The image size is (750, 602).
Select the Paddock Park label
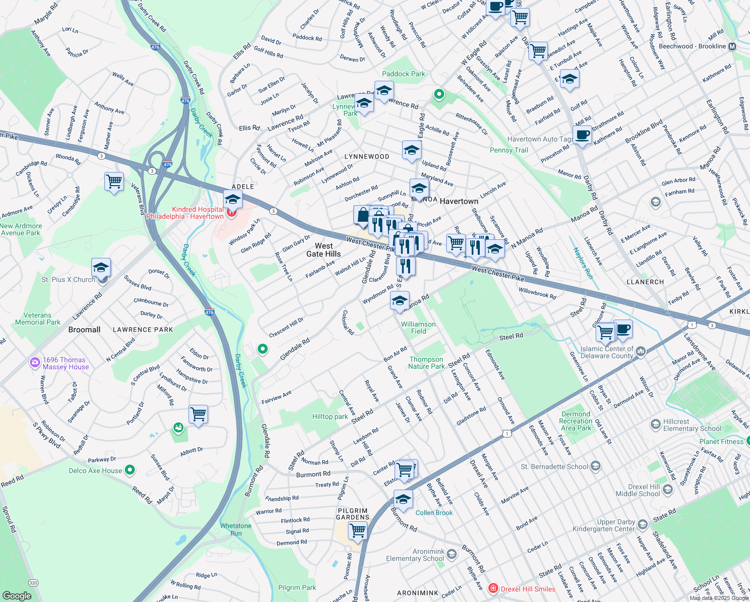403,74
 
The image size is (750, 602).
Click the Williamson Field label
418,328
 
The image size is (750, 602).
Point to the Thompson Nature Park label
426,363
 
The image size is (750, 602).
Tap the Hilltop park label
330,416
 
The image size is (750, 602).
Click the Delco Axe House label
95,471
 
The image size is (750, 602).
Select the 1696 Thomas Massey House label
64,363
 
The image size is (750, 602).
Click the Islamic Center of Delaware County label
607,352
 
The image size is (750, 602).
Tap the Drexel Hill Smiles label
528,589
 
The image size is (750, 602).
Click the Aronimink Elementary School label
415,555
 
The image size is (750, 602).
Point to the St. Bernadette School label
554,467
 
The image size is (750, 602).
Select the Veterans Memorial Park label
38,319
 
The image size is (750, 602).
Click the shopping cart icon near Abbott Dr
199,414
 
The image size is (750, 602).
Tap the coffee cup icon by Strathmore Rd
583,135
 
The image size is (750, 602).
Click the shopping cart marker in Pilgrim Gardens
358,530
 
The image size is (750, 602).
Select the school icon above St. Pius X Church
101,267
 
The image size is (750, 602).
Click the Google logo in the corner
17,595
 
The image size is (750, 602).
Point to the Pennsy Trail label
509,150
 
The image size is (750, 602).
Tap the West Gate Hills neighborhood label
323,250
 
